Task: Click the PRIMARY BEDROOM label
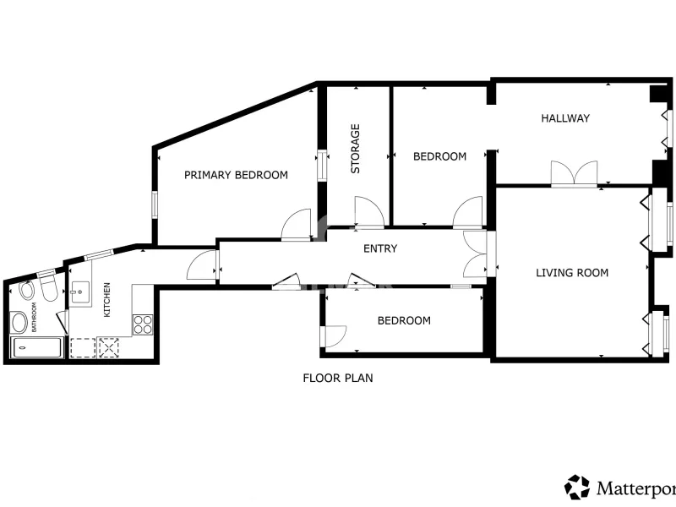click(x=236, y=175)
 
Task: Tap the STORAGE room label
click(x=355, y=149)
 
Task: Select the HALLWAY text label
click(x=565, y=118)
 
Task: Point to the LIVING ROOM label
click(x=572, y=272)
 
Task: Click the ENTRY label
click(x=380, y=248)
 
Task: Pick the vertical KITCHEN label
click(x=107, y=300)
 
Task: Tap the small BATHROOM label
click(x=34, y=317)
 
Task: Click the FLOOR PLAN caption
click(x=338, y=378)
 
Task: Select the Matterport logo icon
click(x=577, y=488)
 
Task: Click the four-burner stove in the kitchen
click(x=143, y=324)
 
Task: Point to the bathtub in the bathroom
click(x=36, y=348)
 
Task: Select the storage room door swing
click(x=369, y=212)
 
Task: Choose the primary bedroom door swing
click(x=297, y=224)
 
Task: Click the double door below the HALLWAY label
click(x=575, y=174)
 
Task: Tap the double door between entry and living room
click(x=476, y=254)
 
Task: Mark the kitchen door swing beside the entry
click(x=202, y=265)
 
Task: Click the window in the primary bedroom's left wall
click(x=155, y=205)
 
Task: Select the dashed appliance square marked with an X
click(x=109, y=347)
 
